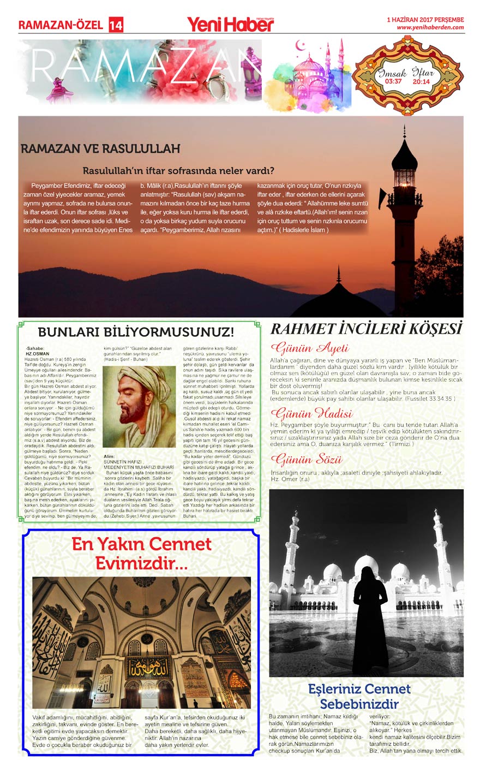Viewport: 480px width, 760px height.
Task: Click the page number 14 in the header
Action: coord(116,25)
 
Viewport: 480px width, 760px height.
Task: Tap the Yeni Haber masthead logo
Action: coord(230,24)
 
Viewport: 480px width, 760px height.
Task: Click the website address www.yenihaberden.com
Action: coord(430,27)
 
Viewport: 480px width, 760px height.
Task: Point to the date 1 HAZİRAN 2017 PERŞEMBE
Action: coord(425,20)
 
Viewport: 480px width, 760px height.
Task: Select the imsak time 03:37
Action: coord(393,82)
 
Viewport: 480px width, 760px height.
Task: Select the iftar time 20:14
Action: coord(421,82)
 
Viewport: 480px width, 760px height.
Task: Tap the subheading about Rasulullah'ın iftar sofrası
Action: coord(178,171)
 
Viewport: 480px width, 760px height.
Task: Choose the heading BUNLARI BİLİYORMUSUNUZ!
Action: coord(136,332)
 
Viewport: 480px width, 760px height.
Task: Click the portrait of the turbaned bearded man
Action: coord(139,407)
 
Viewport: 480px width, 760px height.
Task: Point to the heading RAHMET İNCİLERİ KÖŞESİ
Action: coord(366,329)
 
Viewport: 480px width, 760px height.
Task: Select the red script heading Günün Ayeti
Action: coord(309,348)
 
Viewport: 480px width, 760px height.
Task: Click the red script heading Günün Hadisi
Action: coord(311,413)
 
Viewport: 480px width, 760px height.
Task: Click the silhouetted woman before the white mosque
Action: coord(370,617)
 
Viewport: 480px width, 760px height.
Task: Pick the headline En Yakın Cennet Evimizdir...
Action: coord(141,553)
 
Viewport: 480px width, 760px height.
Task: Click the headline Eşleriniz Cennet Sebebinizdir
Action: coord(359,696)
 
